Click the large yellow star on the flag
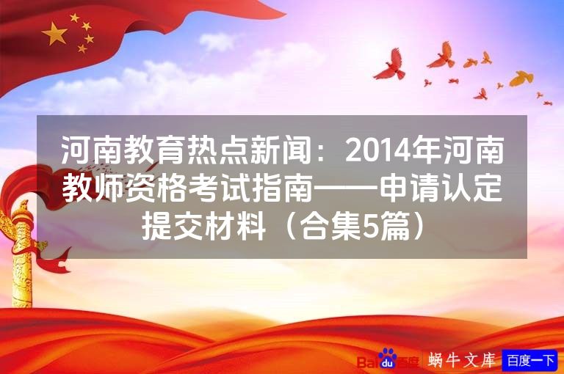(x=55, y=33)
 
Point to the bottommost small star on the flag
(x=82, y=49)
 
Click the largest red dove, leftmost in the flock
(x=390, y=65)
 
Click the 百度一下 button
(x=530, y=360)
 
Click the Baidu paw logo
(x=387, y=359)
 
